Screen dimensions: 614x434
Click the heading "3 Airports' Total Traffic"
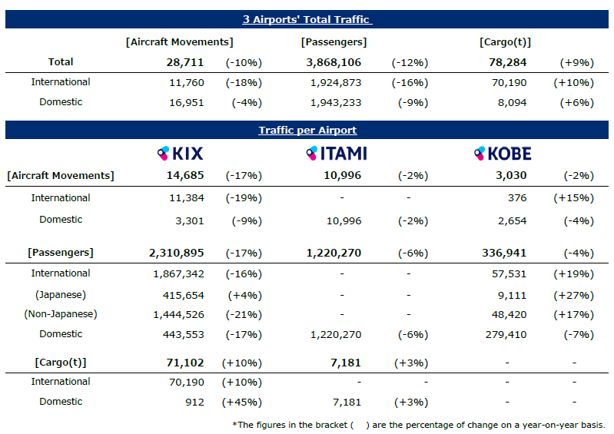point(307,19)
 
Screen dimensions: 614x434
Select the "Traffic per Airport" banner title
point(307,130)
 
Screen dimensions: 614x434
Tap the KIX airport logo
point(180,154)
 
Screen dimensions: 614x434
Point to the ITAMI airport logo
point(337,154)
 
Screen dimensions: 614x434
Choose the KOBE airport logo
point(503,154)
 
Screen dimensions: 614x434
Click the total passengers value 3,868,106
point(334,62)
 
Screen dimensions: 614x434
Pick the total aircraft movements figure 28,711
point(185,62)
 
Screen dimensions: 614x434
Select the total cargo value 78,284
point(507,62)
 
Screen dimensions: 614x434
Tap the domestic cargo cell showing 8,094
point(512,102)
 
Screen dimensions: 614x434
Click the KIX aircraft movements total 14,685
point(185,175)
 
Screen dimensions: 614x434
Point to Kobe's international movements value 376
point(517,198)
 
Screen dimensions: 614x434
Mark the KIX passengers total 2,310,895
point(176,253)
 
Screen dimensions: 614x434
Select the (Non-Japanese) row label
point(61,314)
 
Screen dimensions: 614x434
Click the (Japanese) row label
point(61,295)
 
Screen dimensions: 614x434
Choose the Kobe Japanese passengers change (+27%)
point(574,296)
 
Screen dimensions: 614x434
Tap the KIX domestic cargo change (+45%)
point(242,403)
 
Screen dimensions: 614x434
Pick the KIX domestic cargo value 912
point(194,403)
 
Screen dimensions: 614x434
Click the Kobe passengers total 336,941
point(504,253)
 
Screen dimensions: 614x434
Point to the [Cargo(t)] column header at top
point(505,42)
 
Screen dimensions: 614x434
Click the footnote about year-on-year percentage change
point(419,425)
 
